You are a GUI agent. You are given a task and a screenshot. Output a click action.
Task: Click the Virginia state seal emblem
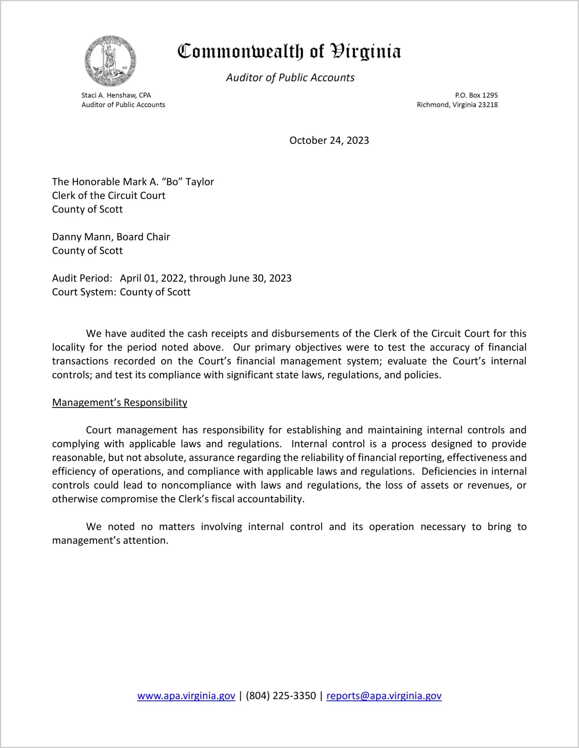(x=110, y=61)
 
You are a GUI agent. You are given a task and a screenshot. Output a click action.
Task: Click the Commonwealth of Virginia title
(x=289, y=52)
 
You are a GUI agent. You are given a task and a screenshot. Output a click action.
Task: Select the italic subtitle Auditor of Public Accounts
(x=290, y=78)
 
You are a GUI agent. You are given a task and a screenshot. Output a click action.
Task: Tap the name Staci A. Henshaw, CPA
(x=116, y=95)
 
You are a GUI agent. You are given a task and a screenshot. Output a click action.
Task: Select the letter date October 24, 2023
(x=329, y=141)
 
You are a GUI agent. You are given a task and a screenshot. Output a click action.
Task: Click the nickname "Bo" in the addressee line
(x=172, y=182)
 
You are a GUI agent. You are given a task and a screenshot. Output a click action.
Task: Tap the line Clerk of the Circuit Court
(x=109, y=196)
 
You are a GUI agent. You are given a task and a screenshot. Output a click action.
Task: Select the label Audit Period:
(x=82, y=279)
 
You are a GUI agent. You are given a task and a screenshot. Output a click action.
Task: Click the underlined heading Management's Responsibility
(x=119, y=402)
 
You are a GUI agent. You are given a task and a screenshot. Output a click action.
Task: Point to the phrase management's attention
(x=110, y=540)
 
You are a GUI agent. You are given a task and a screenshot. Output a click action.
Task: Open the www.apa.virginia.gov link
(x=186, y=696)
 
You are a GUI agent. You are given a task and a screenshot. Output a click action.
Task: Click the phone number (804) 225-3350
(x=281, y=696)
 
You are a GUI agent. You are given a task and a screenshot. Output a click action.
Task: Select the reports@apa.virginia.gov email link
(x=384, y=696)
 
